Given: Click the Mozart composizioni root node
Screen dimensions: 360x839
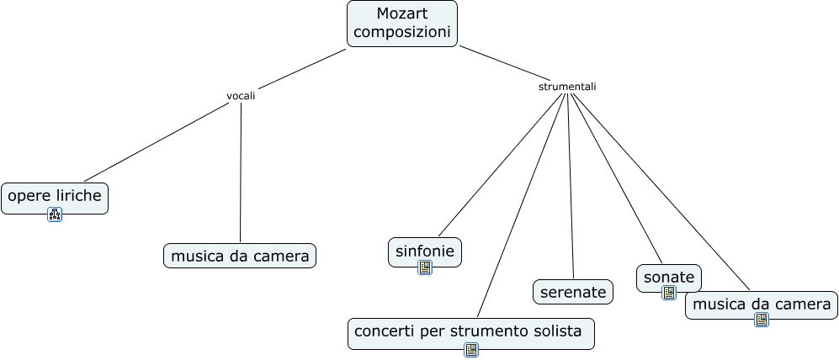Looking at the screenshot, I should tap(401, 24).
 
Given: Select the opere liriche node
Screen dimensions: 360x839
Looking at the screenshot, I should tap(55, 197).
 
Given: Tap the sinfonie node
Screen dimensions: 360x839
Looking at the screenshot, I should tap(425, 251).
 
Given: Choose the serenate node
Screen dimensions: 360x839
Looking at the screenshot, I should tap(573, 292).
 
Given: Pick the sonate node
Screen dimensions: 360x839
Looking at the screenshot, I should tap(669, 277).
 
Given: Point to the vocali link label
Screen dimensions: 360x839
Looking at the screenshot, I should tap(241, 96).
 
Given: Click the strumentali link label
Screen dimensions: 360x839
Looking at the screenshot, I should tap(567, 86).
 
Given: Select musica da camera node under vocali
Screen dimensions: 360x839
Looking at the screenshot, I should tap(240, 256).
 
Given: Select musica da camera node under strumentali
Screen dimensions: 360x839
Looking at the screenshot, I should tap(762, 304).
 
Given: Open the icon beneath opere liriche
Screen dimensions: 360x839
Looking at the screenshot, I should tap(55, 214).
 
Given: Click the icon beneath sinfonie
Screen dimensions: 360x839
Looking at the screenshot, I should tap(425, 267).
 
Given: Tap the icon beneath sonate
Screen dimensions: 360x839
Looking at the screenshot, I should tap(669, 293).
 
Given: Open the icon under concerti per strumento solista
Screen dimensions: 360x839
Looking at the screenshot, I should tap(471, 349).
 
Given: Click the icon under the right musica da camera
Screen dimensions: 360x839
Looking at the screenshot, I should tap(762, 320).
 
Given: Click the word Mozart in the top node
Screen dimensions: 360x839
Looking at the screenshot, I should tap(402, 14).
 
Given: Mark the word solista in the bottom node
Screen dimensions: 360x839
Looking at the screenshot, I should tap(555, 331).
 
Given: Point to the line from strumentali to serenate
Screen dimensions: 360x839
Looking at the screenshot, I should tap(571, 185).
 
